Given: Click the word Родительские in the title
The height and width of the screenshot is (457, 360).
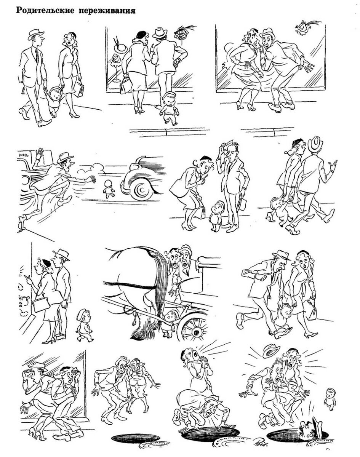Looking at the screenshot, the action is point(45,10).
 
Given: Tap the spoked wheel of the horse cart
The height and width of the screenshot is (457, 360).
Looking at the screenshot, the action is point(194,329).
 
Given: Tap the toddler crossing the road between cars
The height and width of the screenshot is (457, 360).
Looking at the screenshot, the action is point(109,189).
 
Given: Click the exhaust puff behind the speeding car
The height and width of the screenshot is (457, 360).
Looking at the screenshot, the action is point(91,169).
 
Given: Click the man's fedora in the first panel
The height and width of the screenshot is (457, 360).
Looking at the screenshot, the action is point(36,34).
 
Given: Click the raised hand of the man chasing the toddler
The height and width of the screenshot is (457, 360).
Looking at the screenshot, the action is point(40,152).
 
